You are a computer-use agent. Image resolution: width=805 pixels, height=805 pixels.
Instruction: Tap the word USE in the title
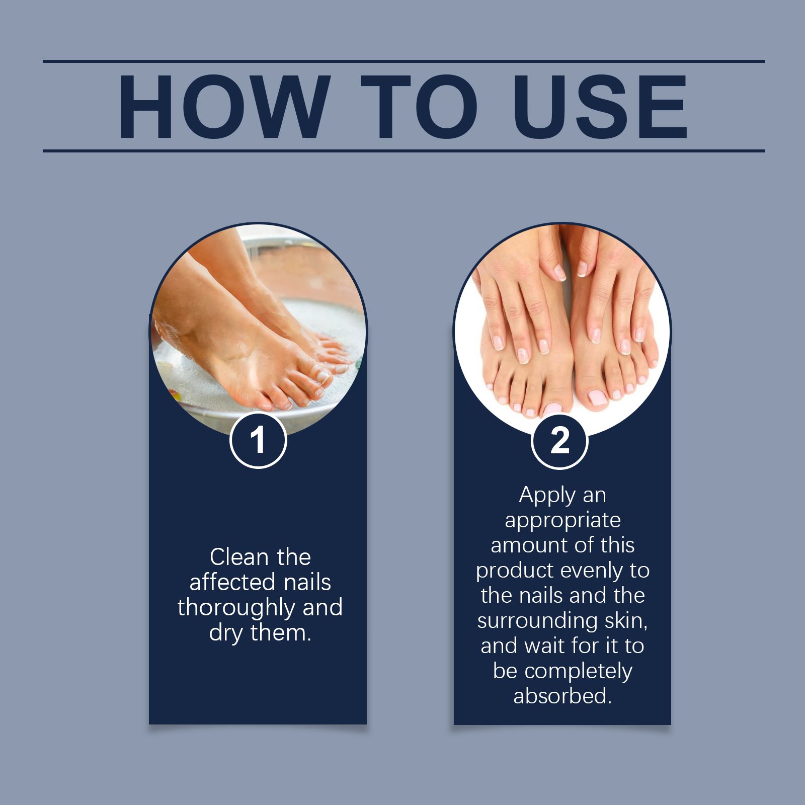coord(600,107)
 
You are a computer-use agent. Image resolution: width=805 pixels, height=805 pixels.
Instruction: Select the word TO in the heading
coord(419,107)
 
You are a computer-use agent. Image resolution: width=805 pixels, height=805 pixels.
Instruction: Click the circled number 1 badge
coord(258,440)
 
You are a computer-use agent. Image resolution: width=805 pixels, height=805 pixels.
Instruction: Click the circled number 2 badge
coord(559,441)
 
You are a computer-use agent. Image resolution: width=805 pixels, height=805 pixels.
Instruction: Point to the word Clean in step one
coord(239,557)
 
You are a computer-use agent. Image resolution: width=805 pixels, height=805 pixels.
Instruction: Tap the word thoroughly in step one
coord(237,608)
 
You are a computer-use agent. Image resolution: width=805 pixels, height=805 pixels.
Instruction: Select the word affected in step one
coord(232,583)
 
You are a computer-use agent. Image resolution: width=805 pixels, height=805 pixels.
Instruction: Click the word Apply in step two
coord(547,496)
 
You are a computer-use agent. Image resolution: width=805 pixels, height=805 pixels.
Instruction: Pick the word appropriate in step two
coord(562,521)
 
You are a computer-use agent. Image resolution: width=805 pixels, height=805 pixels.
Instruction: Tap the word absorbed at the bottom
coord(561,696)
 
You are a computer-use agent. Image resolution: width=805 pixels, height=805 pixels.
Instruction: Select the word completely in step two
coord(578,672)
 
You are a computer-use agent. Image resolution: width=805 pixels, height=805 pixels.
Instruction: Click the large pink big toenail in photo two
coord(597,397)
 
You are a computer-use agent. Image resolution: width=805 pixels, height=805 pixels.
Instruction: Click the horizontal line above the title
coord(403,61)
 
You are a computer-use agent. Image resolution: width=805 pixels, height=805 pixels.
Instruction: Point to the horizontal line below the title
coord(403,150)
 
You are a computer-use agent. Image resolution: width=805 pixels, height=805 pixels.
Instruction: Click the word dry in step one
coord(225,633)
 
